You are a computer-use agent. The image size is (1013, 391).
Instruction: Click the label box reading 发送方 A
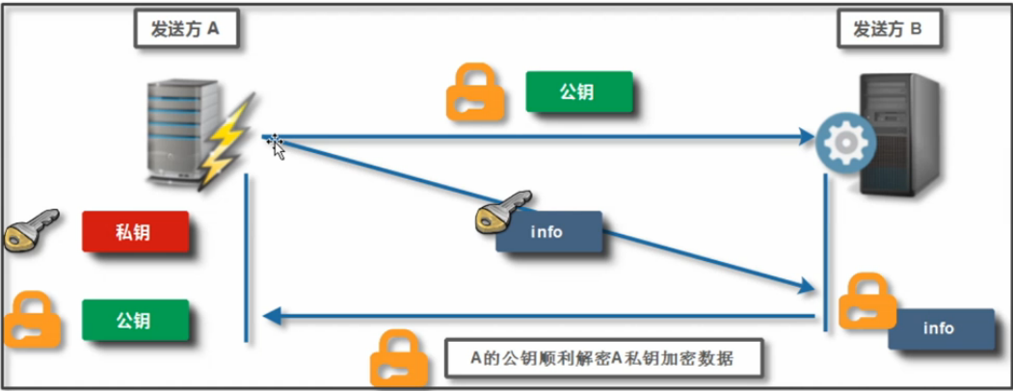[x=186, y=30]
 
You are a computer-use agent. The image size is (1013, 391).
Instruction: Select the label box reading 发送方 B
[x=888, y=30]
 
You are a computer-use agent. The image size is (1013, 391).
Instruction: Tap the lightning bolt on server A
[x=232, y=142]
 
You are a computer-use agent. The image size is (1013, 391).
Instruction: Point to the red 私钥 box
[x=134, y=232]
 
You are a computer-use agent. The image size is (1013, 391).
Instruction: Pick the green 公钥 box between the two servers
[x=578, y=92]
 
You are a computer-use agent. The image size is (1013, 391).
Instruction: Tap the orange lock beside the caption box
[x=399, y=358]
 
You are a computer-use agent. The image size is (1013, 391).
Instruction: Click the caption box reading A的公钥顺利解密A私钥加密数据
[x=602, y=358]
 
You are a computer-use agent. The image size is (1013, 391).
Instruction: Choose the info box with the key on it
[x=549, y=232]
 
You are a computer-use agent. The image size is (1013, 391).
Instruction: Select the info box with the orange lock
[x=939, y=328]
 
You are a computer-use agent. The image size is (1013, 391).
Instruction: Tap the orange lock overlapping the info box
[x=866, y=302]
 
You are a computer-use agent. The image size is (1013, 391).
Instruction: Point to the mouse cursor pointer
[x=277, y=145]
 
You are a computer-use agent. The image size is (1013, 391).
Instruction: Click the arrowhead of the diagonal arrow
[x=807, y=286]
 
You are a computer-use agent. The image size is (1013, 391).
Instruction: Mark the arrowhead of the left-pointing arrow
[x=273, y=316]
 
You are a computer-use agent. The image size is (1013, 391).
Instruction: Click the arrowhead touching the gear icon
[x=808, y=138]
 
